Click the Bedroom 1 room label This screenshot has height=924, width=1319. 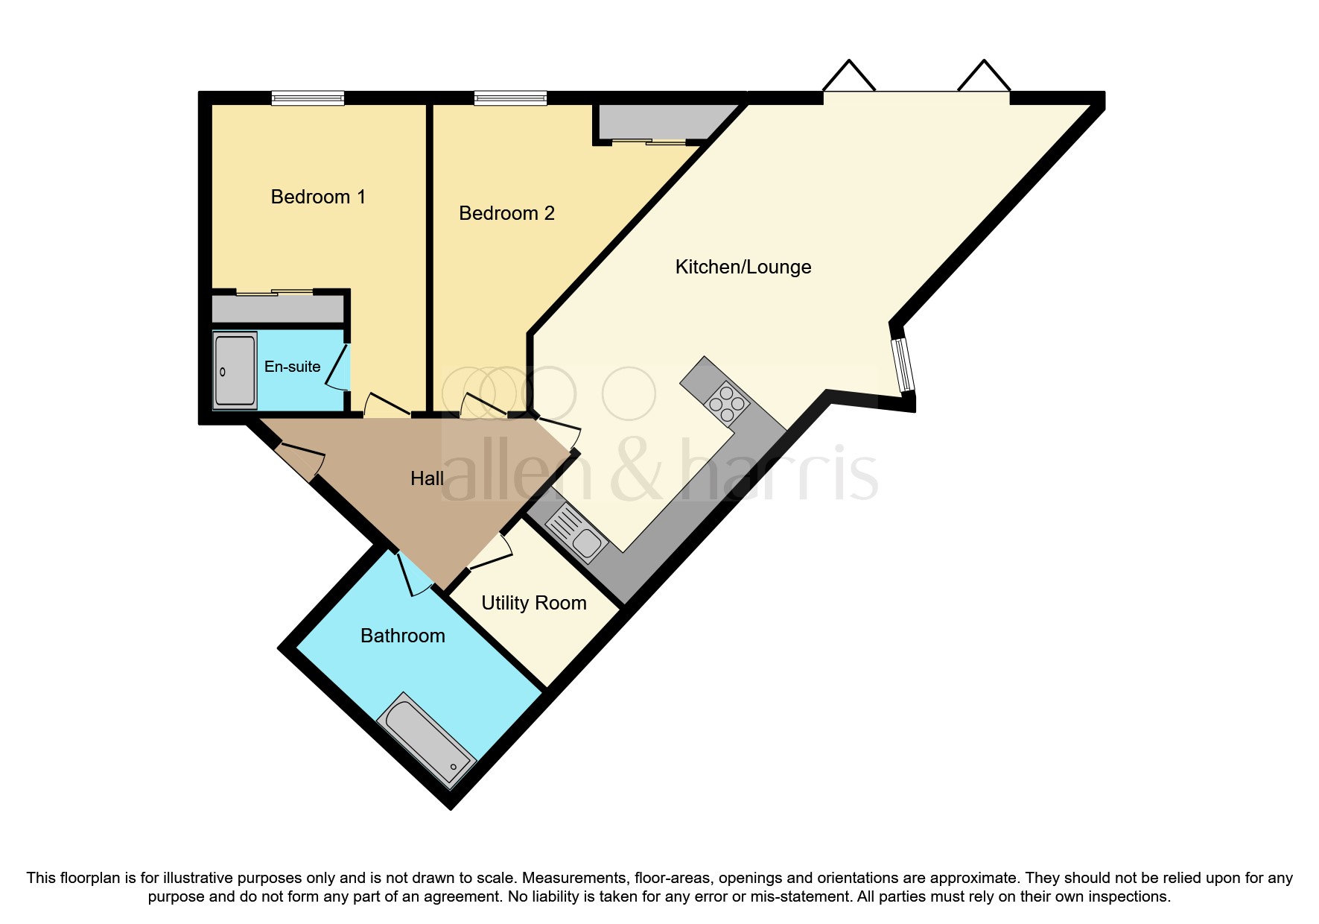(x=318, y=197)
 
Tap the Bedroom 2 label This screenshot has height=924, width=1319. (x=506, y=213)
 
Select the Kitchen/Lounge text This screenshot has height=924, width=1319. (x=743, y=267)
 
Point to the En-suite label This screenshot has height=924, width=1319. (x=292, y=367)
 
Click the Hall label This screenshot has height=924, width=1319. (x=427, y=478)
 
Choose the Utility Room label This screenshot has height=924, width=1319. (x=533, y=603)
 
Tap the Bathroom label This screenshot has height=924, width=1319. (x=402, y=636)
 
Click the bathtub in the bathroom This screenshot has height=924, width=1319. (x=426, y=741)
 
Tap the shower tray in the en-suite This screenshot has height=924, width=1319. (x=235, y=370)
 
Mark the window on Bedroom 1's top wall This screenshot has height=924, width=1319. (x=308, y=98)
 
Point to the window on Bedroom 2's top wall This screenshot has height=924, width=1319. (x=510, y=98)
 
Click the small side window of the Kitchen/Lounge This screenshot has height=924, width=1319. (x=903, y=365)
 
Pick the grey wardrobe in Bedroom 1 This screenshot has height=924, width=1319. (x=278, y=308)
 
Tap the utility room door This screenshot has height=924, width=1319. (x=491, y=551)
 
